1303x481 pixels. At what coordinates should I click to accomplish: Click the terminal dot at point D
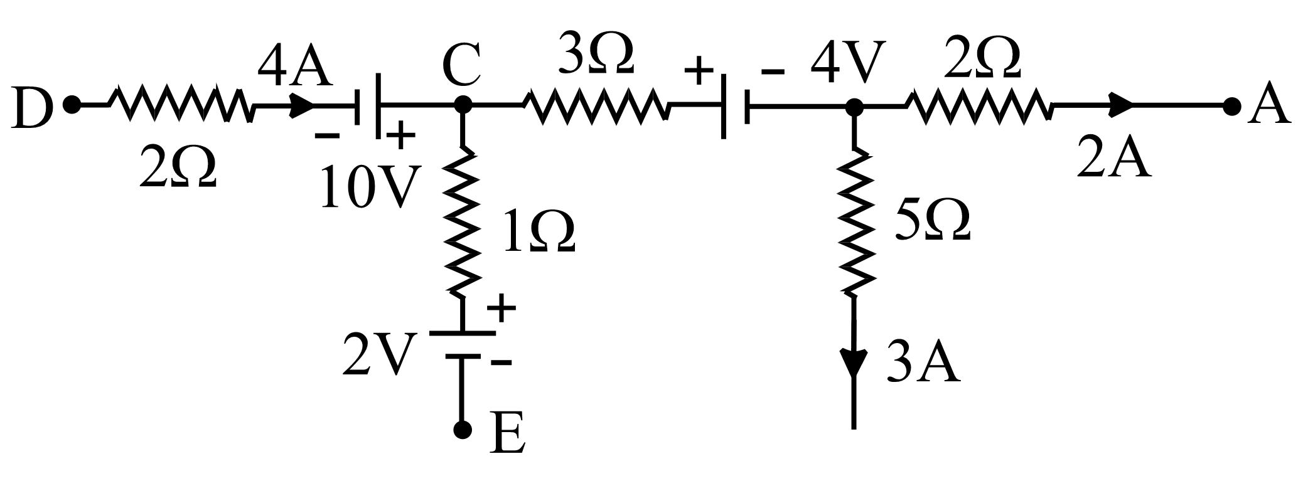click(x=72, y=105)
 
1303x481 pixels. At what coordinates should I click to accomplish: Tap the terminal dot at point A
click(x=1231, y=106)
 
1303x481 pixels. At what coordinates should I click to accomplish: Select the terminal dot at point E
click(x=463, y=430)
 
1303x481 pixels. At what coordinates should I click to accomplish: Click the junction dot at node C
click(x=463, y=105)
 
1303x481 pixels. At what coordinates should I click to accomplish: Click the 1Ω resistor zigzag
click(x=463, y=219)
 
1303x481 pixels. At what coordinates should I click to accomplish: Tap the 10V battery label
click(x=367, y=188)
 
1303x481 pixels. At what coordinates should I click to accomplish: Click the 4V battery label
click(x=847, y=63)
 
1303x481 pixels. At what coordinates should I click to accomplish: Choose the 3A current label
click(x=922, y=363)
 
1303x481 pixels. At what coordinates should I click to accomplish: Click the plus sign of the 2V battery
click(x=501, y=307)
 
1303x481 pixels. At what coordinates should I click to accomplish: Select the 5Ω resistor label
click(x=933, y=219)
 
